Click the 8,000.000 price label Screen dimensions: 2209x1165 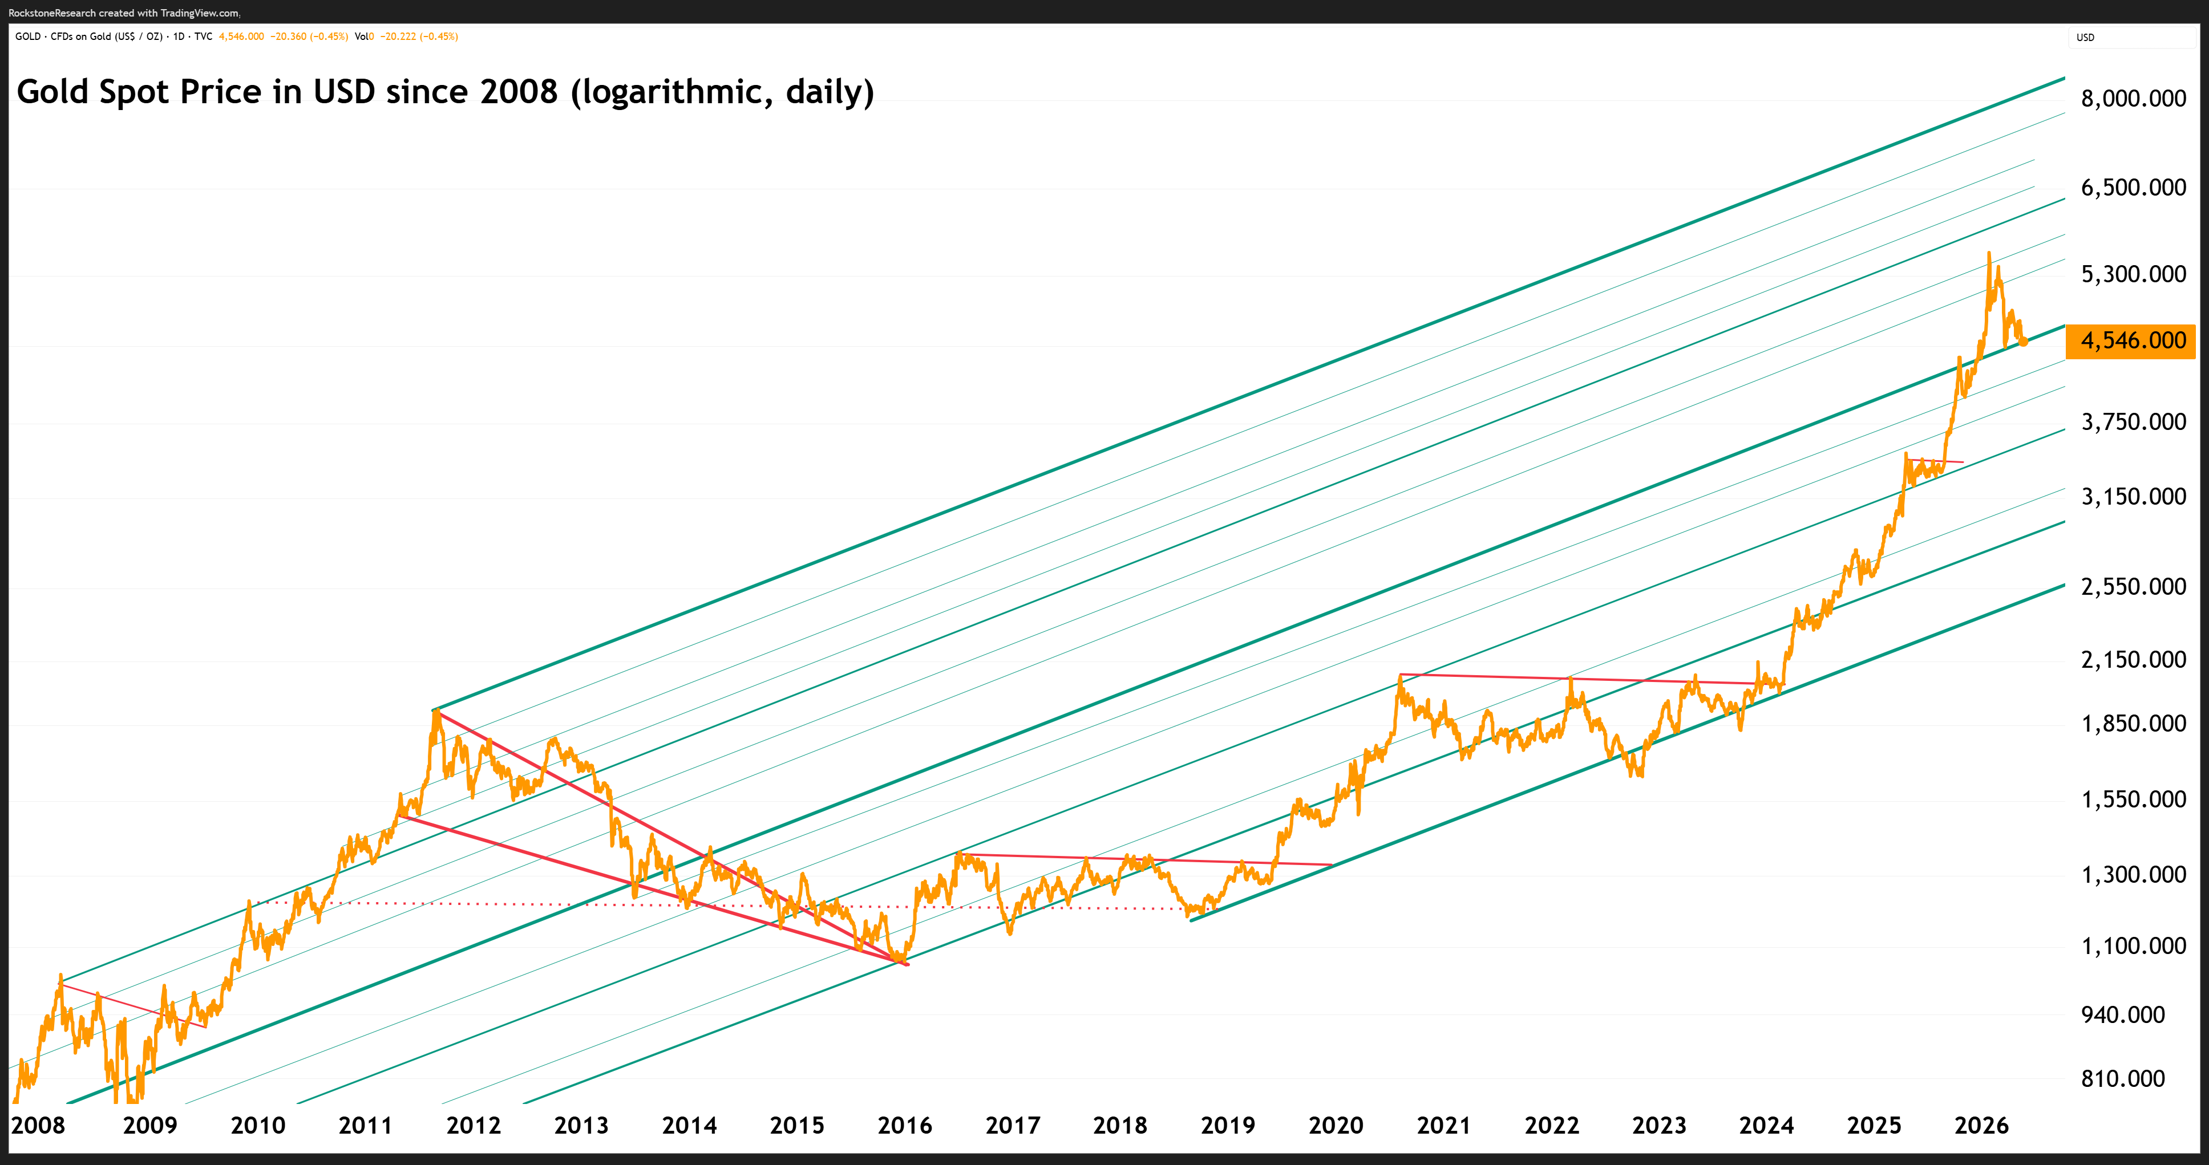(x=2134, y=99)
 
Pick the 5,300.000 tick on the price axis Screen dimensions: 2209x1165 (x=2134, y=274)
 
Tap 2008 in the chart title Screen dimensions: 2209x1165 (x=519, y=92)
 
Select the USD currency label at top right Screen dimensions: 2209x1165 (x=2086, y=38)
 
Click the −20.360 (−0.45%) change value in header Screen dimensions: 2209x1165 (x=309, y=37)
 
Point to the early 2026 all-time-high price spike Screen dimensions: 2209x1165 (x=1989, y=254)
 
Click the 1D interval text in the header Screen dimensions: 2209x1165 (x=179, y=37)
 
